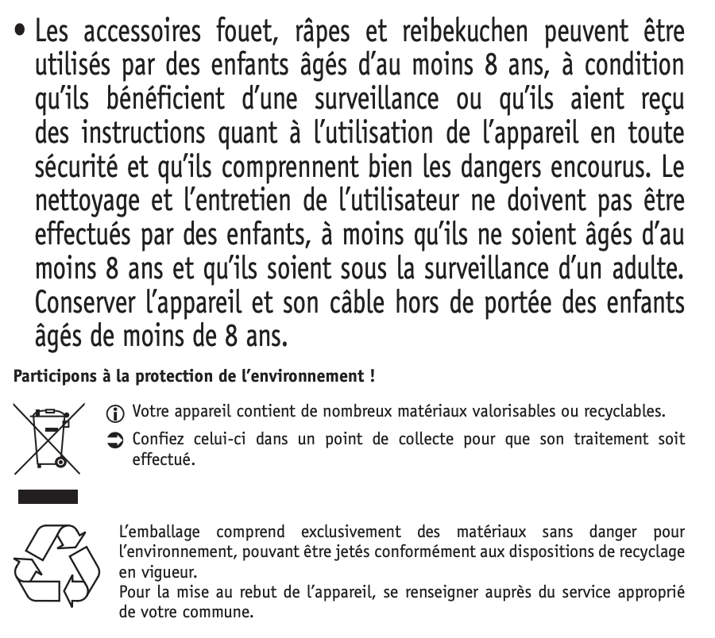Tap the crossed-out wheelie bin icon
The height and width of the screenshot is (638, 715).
click(x=48, y=436)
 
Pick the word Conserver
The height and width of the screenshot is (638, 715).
click(x=93, y=304)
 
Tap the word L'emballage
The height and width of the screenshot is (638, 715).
click(x=158, y=530)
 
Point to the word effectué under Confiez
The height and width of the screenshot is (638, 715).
click(x=162, y=459)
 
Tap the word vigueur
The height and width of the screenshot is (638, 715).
click(x=157, y=572)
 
